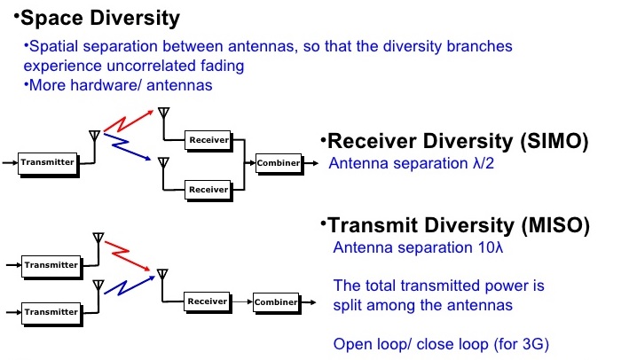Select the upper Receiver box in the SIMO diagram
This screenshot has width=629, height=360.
click(208, 139)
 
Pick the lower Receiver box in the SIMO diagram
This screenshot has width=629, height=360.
click(208, 189)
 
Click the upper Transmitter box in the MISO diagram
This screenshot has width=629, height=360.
click(51, 264)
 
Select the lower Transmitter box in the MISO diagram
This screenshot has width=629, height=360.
click(51, 311)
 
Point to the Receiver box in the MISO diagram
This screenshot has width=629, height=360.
click(208, 301)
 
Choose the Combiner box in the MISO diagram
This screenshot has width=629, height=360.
click(275, 302)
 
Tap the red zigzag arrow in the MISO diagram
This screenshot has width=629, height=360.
click(128, 253)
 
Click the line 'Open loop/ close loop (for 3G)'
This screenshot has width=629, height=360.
click(436, 343)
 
